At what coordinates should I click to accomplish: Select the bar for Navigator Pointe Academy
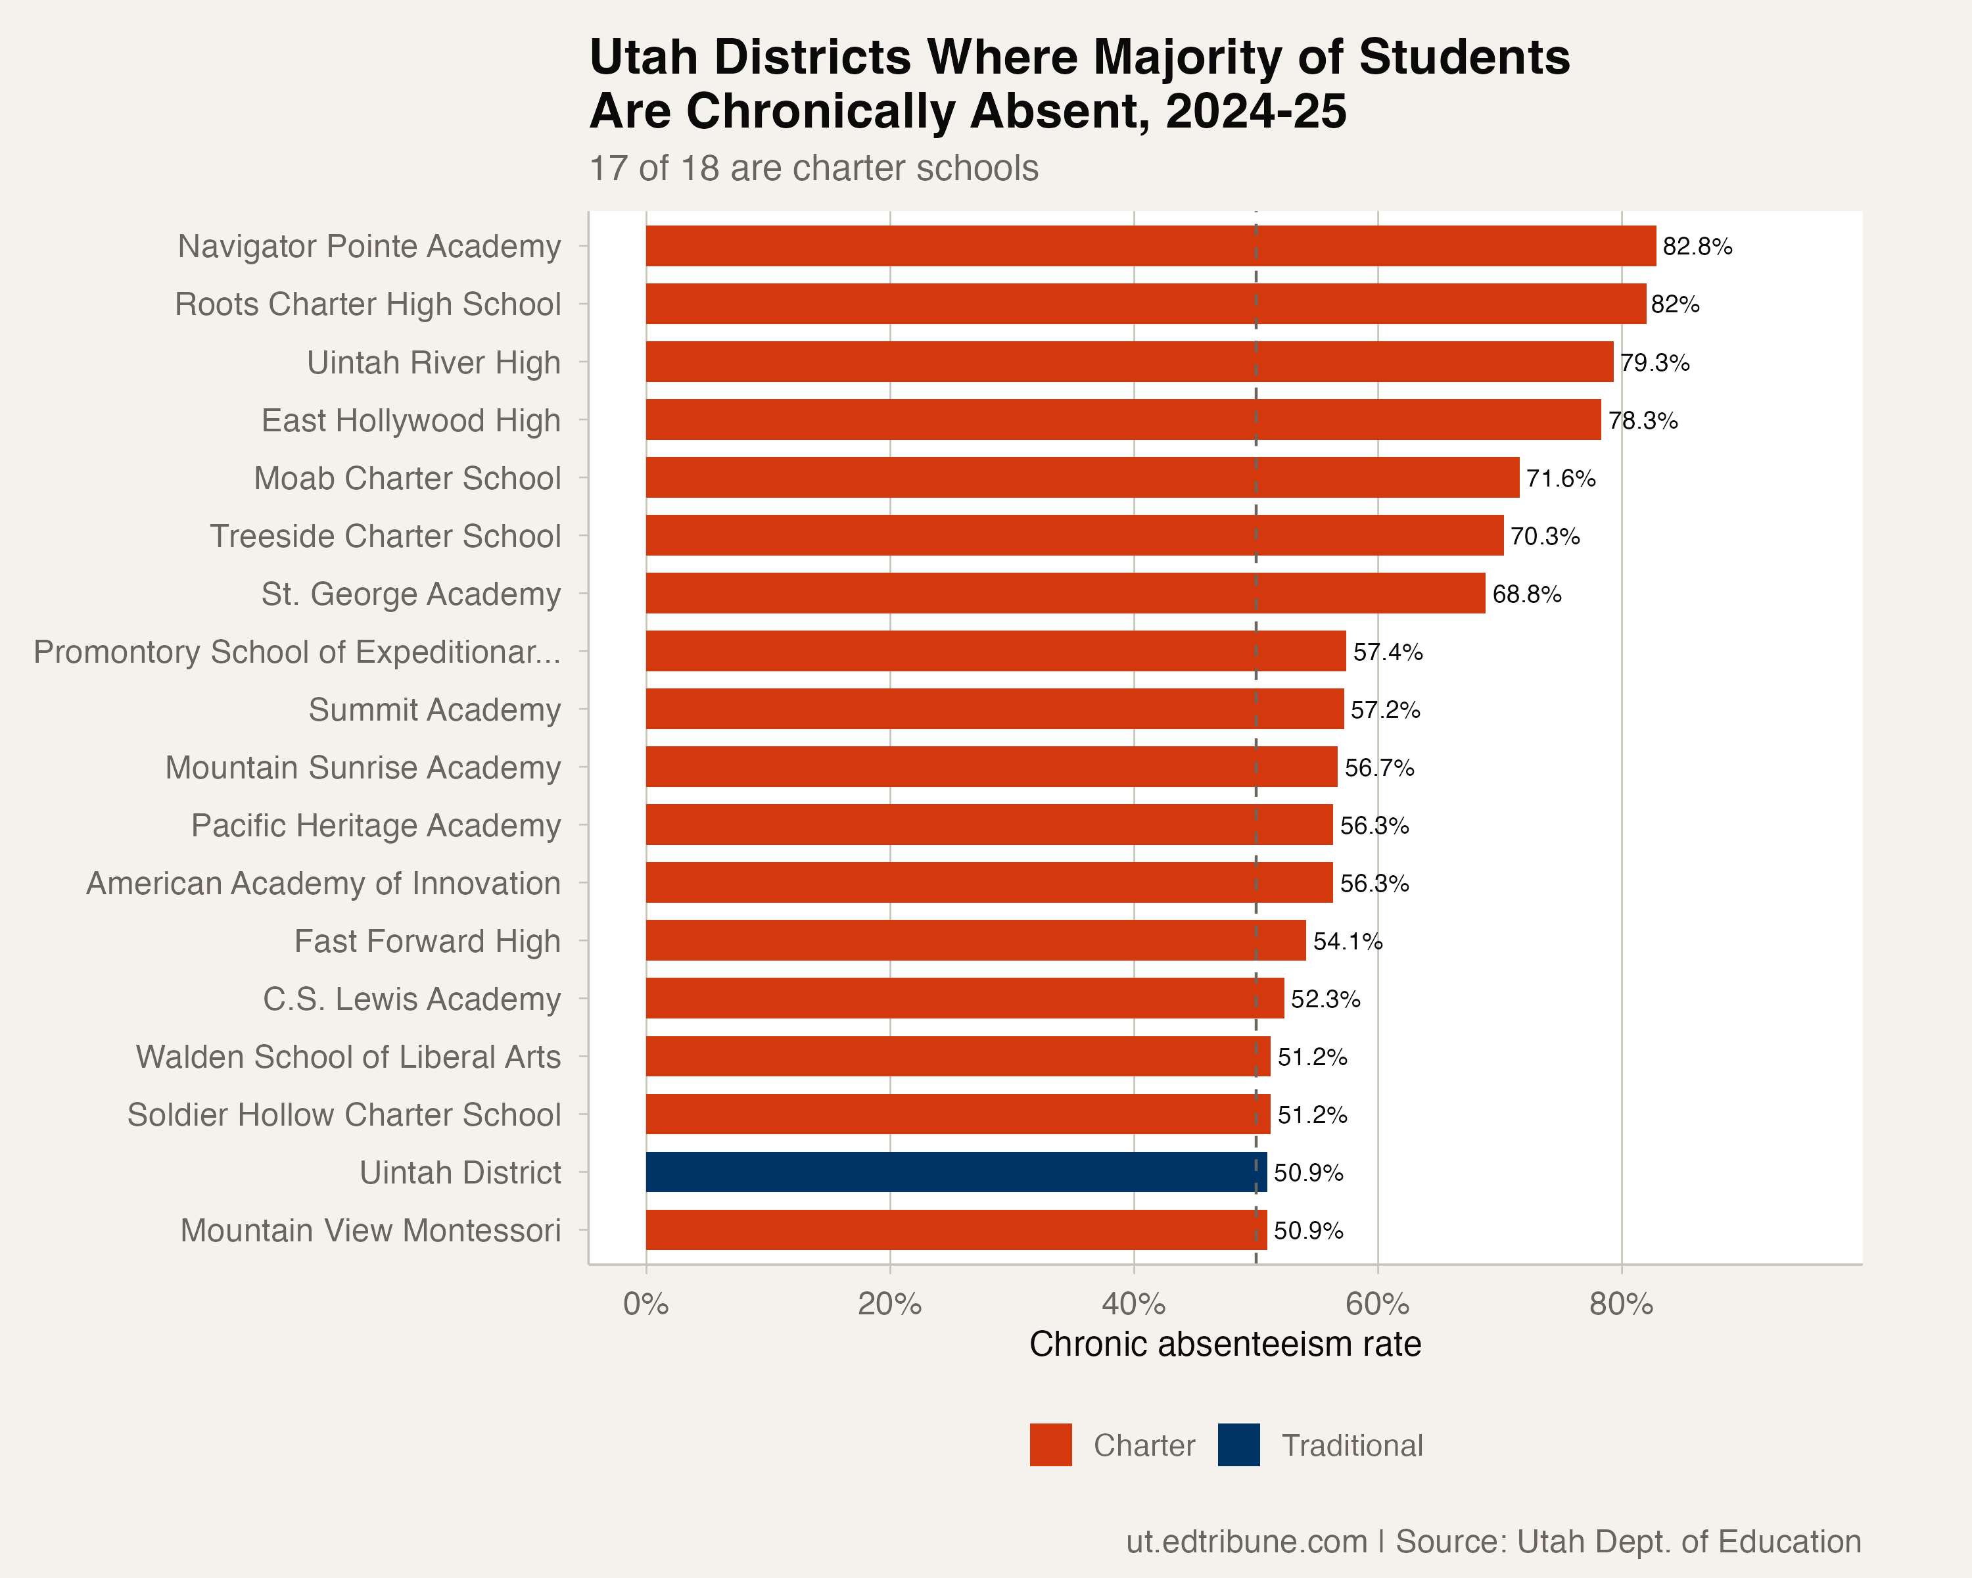[x=1150, y=246]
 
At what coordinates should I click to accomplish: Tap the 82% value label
[x=1675, y=304]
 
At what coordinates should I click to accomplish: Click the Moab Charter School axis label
[x=407, y=479]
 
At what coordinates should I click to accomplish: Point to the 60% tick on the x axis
[x=1378, y=1304]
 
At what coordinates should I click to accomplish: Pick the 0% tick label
[x=646, y=1304]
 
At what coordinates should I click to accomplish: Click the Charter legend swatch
[x=1050, y=1445]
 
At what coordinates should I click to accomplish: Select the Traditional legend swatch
[x=1238, y=1445]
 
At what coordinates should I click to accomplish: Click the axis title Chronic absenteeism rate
[x=1225, y=1345]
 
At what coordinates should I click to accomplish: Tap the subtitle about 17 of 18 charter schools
[x=813, y=169]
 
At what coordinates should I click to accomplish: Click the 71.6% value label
[x=1561, y=479]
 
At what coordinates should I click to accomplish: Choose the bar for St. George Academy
[x=1066, y=593]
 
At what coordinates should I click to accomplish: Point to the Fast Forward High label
[x=427, y=942]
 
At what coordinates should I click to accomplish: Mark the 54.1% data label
[x=1348, y=942]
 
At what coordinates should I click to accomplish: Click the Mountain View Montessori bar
[x=956, y=1230]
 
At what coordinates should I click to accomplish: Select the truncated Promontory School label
[x=297, y=652]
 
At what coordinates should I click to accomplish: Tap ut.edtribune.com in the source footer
[x=1246, y=1541]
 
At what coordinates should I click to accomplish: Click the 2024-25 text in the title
[x=1256, y=112]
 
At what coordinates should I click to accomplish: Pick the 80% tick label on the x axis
[x=1621, y=1304]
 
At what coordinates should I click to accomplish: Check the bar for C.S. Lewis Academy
[x=965, y=998]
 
